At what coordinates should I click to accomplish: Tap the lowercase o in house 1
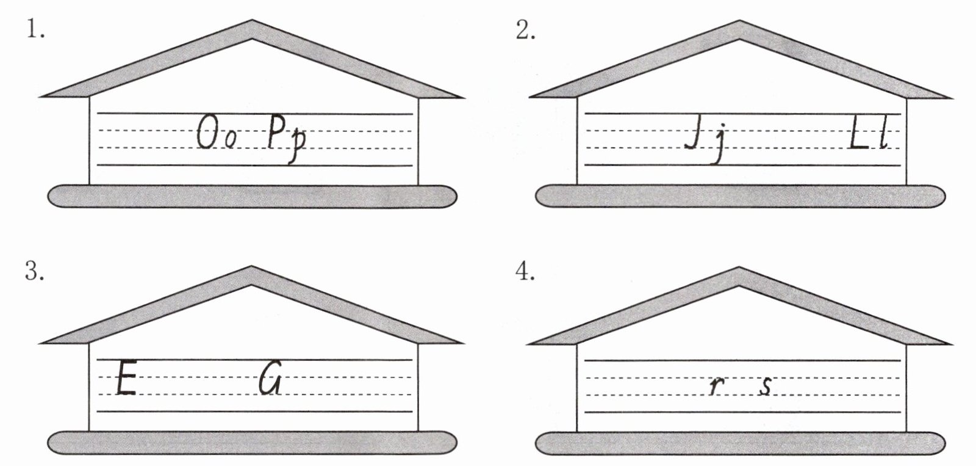point(228,140)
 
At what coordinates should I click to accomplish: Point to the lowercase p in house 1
point(296,145)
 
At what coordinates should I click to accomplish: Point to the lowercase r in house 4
point(714,387)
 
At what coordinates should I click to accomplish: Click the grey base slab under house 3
point(252,442)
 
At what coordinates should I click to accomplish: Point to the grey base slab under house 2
point(740,196)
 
